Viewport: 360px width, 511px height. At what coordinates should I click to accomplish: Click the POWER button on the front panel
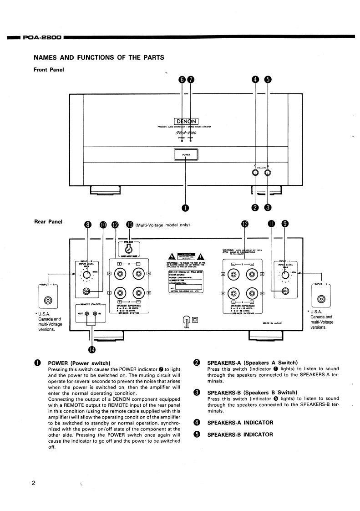click(186, 155)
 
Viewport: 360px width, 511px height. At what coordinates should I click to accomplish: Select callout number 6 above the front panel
click(183, 79)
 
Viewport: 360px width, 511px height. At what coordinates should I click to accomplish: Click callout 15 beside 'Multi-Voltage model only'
click(130, 225)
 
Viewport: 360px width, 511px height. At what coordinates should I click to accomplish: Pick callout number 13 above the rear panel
click(246, 225)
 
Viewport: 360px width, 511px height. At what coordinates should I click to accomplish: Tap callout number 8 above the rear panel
click(88, 225)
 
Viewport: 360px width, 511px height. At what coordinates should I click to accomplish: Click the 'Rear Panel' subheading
click(49, 222)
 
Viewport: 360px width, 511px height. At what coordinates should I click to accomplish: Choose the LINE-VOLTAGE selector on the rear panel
click(129, 249)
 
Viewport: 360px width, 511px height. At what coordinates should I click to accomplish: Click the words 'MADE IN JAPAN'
click(273, 310)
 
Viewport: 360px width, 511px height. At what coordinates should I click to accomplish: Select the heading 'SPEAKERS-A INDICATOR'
click(240, 423)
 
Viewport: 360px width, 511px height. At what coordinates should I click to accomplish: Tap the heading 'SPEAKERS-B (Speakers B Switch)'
click(252, 392)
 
